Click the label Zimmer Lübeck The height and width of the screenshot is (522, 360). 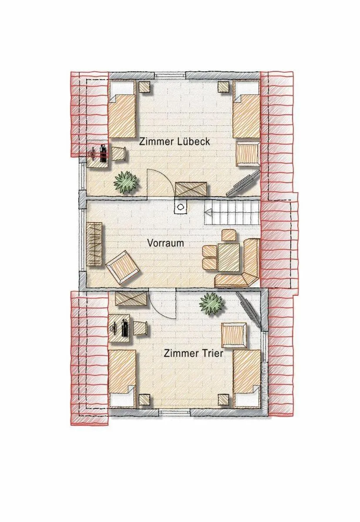coord(175,141)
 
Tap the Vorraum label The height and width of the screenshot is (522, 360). coord(165,243)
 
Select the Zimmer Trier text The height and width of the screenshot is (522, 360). coord(193,353)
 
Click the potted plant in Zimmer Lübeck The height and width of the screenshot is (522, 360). coord(126,182)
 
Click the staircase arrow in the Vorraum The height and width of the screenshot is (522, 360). coord(209,213)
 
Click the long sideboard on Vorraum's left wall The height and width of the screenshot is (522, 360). coord(94,244)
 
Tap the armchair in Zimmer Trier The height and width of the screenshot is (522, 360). coord(235,335)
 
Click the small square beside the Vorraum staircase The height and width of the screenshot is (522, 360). coord(180,207)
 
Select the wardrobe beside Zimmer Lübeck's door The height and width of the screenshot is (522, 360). coord(190,190)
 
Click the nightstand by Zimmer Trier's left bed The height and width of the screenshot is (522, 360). coord(144,399)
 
